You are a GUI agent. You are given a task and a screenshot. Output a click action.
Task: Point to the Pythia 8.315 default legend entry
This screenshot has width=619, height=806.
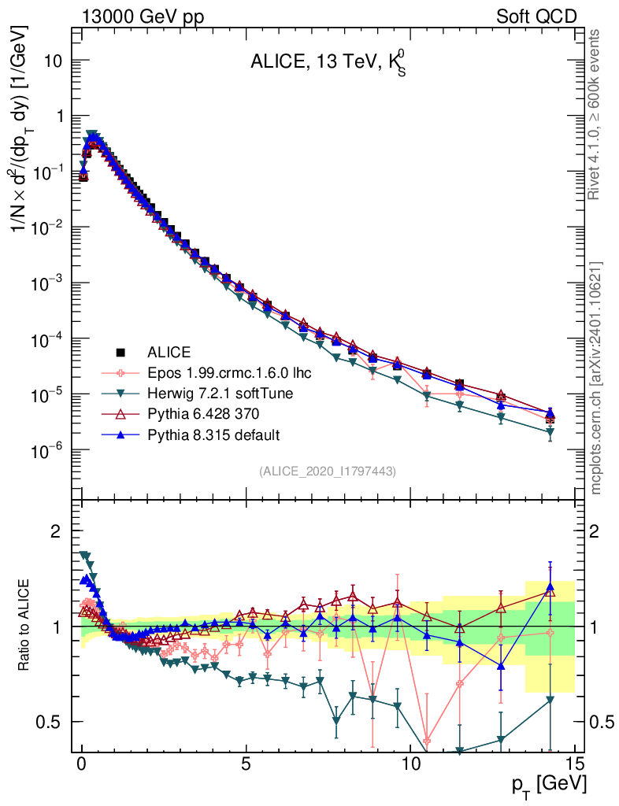click(213, 434)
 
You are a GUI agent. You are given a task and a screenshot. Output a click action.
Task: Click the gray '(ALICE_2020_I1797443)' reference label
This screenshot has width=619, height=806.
click(327, 471)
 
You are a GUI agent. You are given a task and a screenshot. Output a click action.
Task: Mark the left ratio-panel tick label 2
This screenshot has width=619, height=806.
click(56, 531)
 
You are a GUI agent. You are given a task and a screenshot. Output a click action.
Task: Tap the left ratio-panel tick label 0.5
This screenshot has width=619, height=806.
click(50, 722)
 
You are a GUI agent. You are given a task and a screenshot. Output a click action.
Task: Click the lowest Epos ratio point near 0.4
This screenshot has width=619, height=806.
click(427, 741)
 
